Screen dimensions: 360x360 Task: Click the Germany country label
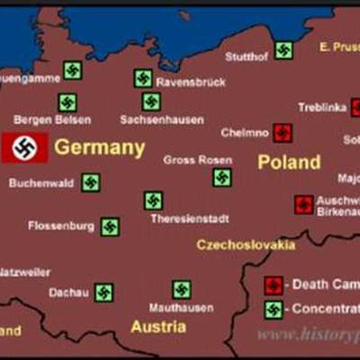[x=99, y=148]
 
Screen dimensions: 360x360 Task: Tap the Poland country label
[x=289, y=162]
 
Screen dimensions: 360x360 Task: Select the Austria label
[x=158, y=327]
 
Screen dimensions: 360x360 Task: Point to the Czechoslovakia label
[x=246, y=244]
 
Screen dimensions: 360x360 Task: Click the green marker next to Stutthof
[x=283, y=50]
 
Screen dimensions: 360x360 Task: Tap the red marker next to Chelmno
[x=283, y=133]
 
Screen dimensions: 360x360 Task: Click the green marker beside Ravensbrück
[x=143, y=78]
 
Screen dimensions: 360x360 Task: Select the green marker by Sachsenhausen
[x=151, y=102]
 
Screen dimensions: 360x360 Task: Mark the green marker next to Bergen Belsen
[x=67, y=103]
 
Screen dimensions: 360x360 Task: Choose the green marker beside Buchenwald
[x=91, y=183]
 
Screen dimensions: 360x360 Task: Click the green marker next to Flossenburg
[x=110, y=227]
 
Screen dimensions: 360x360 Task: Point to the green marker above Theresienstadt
[x=154, y=201]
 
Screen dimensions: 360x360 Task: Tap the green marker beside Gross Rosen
[x=221, y=177]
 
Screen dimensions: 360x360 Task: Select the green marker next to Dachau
[x=104, y=292]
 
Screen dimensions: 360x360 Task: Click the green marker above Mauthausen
[x=182, y=290]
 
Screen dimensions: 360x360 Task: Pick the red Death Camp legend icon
[x=274, y=285]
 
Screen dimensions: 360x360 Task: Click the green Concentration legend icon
[x=274, y=310]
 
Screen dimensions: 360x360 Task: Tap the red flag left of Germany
[x=24, y=148]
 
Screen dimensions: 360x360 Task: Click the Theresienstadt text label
[x=190, y=219]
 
